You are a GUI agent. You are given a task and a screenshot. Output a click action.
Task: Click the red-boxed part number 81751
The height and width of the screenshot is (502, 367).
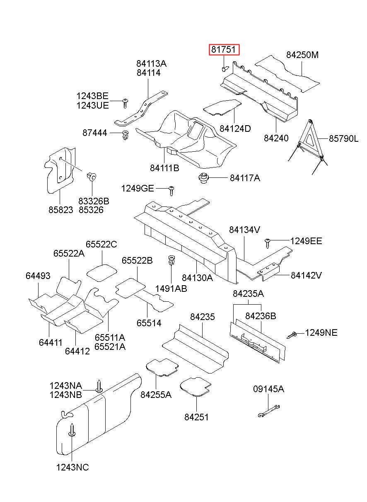coord(224,51)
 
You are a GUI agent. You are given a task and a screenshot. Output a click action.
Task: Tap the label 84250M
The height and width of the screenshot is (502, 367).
coord(302,56)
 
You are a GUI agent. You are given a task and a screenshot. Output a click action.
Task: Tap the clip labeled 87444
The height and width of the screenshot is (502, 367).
coord(126,135)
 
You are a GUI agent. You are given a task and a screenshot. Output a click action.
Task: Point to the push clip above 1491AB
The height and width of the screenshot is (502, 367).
coord(171,262)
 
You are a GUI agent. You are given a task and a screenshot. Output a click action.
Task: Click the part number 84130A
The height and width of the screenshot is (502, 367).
coord(197,278)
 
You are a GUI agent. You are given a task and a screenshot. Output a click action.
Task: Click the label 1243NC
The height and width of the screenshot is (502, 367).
coord(72,468)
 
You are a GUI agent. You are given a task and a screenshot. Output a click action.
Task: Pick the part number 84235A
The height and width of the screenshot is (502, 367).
coord(248,294)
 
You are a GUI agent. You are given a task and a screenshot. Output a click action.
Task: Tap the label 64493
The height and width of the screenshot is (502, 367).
coord(38,276)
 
